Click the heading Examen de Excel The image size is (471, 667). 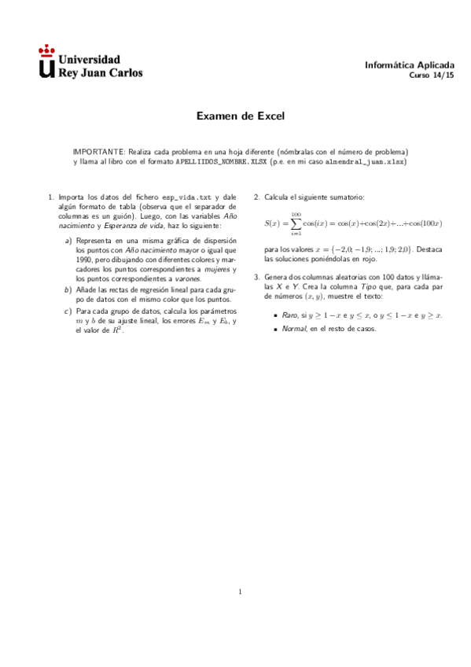click(x=240, y=116)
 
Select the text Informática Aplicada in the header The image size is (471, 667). click(x=410, y=65)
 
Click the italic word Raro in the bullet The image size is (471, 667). click(x=290, y=315)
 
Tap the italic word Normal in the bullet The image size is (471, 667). click(x=294, y=329)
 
